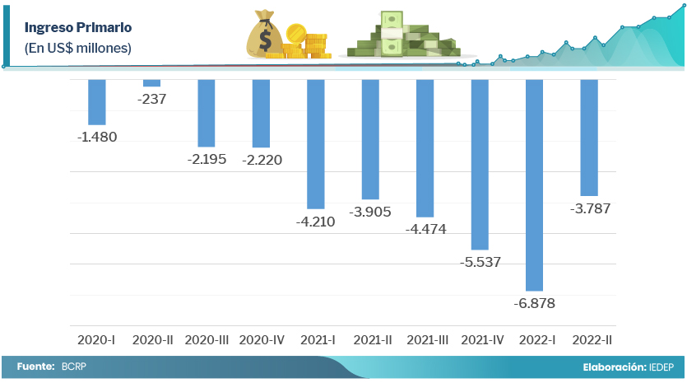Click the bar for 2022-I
coord(535,184)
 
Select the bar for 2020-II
coord(151,83)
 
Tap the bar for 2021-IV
coord(480,164)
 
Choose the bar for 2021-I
coord(316,143)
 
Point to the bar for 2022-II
coord(589,137)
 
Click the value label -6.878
coord(535,303)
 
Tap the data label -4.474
coord(425,229)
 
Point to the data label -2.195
coord(207,159)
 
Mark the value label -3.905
coord(370,212)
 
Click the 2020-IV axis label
coord(261,339)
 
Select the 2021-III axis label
coord(426,339)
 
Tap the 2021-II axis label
coord(371,339)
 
